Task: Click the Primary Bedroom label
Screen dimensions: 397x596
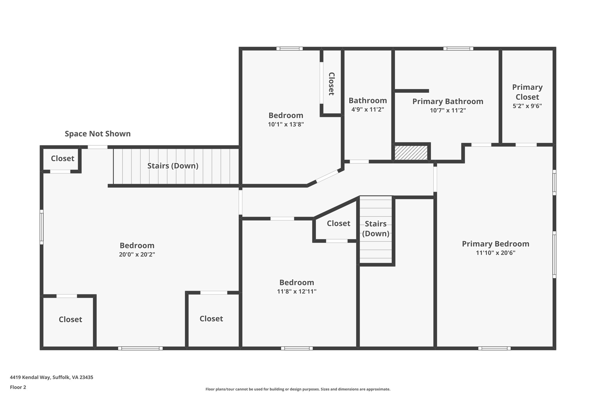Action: (x=495, y=244)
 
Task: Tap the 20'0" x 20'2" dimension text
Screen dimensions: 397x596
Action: (x=137, y=254)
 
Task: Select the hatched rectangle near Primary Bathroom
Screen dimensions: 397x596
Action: (x=411, y=153)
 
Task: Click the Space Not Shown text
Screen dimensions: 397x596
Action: (x=97, y=134)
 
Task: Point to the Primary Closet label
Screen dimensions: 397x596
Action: (x=527, y=92)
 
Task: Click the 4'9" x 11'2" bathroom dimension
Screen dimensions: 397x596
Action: (x=368, y=110)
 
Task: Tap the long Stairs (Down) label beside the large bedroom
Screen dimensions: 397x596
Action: (x=173, y=166)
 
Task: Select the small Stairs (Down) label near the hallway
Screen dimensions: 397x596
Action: (x=375, y=229)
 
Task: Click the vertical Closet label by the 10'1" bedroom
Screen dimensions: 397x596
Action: (x=331, y=84)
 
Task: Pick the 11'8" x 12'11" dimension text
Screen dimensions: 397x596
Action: (x=297, y=291)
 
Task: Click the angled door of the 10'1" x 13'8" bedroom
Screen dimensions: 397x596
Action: (x=327, y=176)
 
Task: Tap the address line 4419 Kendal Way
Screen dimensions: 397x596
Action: (x=52, y=377)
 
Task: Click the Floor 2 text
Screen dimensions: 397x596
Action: (x=18, y=387)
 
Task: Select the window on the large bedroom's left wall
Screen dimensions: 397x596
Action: (x=42, y=227)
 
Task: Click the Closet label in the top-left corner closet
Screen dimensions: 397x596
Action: (x=63, y=159)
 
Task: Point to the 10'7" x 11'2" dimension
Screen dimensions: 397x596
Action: (x=448, y=111)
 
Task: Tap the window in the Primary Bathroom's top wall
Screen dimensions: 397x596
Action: (x=458, y=49)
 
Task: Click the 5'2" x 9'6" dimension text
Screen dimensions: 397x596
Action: (x=527, y=106)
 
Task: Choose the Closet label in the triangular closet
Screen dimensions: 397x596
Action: (x=338, y=223)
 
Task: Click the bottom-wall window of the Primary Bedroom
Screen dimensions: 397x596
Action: (x=494, y=348)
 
